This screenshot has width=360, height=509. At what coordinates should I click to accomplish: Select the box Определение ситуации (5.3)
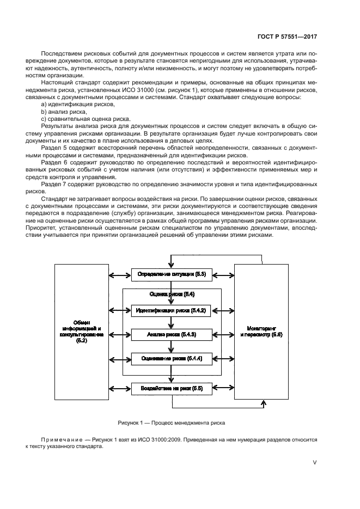pos(172,274)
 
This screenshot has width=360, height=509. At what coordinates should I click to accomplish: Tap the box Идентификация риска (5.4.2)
pos(172,310)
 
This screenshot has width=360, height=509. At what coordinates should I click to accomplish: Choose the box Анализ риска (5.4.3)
pos(172,334)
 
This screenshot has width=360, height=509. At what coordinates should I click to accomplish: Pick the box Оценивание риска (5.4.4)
pos(172,358)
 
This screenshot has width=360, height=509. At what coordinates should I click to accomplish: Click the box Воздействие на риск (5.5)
pos(172,388)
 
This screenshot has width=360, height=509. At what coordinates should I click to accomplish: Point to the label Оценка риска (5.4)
pos(172,294)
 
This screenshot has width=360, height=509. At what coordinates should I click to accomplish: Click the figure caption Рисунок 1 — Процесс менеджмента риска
pos(171,422)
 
